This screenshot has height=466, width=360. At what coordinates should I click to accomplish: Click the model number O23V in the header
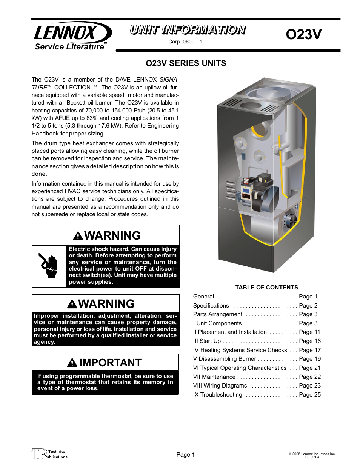pos(303,34)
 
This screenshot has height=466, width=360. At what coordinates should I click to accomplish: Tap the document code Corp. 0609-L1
pos(185,42)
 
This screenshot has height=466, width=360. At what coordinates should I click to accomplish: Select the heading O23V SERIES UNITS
pos(186,63)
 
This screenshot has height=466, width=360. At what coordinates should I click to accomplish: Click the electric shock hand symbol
pos(49,266)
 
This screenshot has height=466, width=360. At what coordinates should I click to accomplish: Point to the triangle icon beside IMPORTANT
pos(72,363)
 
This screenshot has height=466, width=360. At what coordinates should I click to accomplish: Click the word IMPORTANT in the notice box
pos(110,363)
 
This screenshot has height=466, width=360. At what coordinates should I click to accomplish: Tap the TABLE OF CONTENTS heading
pos(266,288)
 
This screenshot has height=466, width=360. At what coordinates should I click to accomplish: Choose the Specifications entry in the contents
pos(211,306)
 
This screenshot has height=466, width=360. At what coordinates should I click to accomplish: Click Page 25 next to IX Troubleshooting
pos(309,395)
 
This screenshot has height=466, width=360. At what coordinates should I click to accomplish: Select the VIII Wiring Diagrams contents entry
pos(220,386)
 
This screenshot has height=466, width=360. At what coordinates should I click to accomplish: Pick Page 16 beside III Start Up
pos(309,341)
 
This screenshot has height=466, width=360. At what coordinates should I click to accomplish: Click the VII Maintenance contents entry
pos(214,377)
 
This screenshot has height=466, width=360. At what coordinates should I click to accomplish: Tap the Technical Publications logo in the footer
pos(49,454)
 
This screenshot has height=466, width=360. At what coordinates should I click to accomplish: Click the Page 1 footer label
pos(185,455)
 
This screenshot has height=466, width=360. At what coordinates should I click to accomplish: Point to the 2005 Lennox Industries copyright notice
pos(312,455)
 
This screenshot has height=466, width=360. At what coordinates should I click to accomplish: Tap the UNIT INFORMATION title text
pos(188,30)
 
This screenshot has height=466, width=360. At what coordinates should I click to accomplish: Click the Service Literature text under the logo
pos(69,47)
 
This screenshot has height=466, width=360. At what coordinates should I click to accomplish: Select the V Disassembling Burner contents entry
pos(225,359)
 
